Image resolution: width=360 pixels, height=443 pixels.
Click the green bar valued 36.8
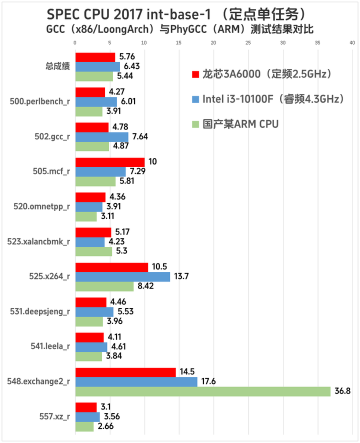pyautogui.click(x=202, y=391)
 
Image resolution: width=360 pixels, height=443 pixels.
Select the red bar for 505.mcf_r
pyautogui.click(x=109, y=162)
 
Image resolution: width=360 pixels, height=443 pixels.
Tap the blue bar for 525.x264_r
pyautogui.click(x=122, y=276)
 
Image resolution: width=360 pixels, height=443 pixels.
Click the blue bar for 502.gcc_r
pyautogui.click(x=101, y=136)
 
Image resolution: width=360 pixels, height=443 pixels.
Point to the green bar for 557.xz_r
pyautogui.click(x=84, y=426)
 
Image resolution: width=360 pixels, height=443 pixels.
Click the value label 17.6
pyautogui.click(x=208, y=381)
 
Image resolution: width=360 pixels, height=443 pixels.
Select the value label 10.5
pyautogui.click(x=159, y=267)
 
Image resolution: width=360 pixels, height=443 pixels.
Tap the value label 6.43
pyautogui.click(x=131, y=66)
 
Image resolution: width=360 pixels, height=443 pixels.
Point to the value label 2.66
pyautogui.click(x=104, y=426)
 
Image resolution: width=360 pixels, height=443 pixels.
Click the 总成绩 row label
pyautogui.click(x=57, y=66)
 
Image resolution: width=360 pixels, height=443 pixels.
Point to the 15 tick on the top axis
pyautogui.click(x=179, y=43)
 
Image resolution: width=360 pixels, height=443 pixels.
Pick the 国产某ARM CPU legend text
pyautogui.click(x=240, y=124)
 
